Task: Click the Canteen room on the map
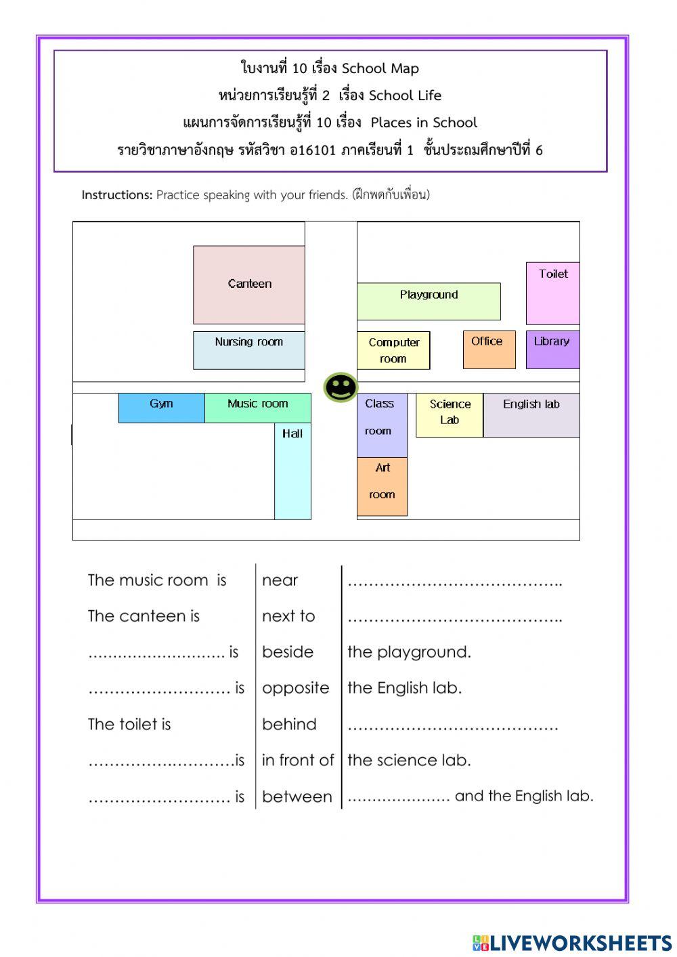pos(248,285)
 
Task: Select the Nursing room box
pos(248,350)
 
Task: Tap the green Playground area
pos(429,301)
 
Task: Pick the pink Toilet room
pos(552,293)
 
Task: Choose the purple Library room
pos(552,349)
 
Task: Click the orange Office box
pos(489,349)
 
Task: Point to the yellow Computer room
pos(393,350)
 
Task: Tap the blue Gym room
pos(161,408)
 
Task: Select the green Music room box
pos(258,408)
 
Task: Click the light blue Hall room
pos(292,471)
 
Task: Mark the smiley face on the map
pos(341,387)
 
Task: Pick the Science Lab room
pos(450,415)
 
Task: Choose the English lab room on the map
pos(531,415)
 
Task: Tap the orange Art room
pos(382,486)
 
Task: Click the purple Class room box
pos(382,425)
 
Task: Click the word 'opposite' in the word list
pos(296,688)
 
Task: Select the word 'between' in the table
pos(297,797)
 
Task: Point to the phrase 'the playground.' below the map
pos(409,652)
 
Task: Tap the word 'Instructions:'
pos(117,195)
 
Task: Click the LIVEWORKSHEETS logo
pos(572,943)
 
